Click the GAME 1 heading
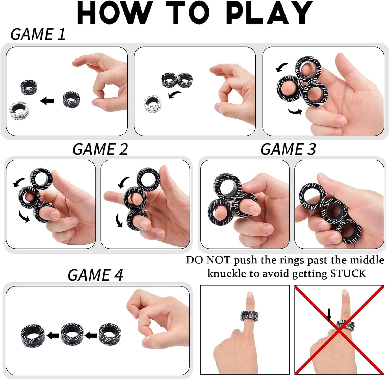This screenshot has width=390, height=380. click(38, 35)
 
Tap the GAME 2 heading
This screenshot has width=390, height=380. click(100, 149)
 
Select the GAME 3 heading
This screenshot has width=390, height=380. click(288, 149)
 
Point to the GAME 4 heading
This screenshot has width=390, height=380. click(95, 275)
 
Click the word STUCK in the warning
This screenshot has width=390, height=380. click(348, 273)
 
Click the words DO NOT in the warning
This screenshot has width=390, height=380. click(208, 260)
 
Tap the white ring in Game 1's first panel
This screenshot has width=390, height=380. click(19, 111)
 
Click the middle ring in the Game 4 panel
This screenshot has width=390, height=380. click(72, 335)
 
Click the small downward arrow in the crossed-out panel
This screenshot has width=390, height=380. click(329, 315)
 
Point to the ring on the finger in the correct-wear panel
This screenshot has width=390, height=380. click(249, 316)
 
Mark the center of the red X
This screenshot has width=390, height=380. click(339, 330)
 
